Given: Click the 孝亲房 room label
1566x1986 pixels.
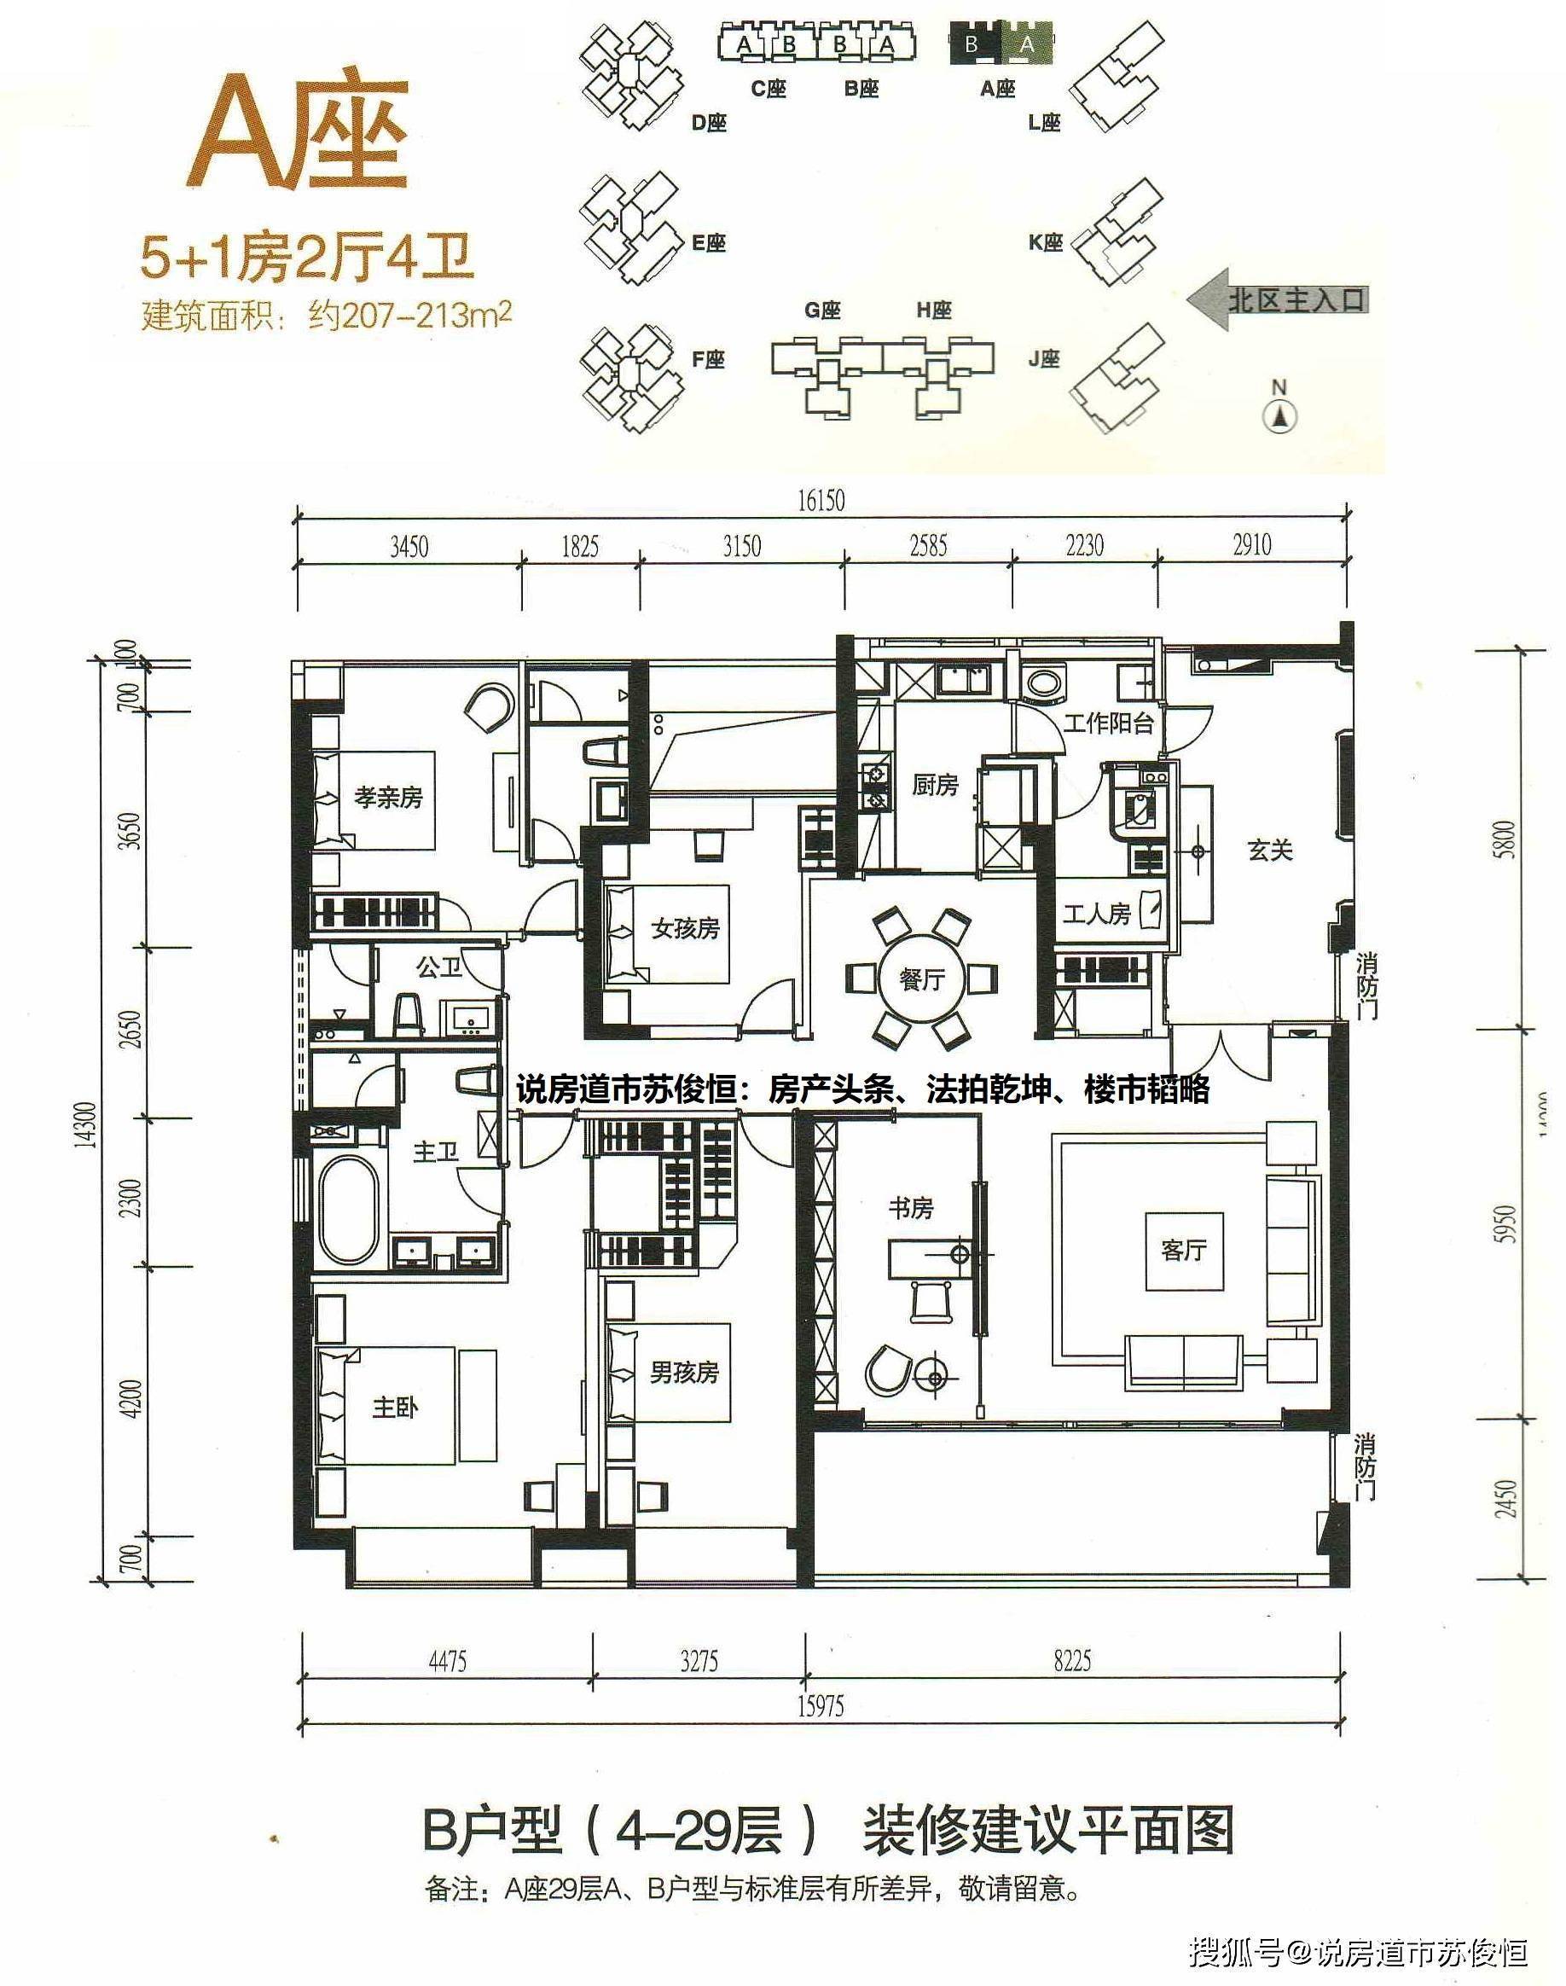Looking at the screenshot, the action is [x=389, y=798].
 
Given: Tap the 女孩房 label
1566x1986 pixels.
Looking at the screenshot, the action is [x=685, y=929].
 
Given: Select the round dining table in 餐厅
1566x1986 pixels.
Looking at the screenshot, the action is [x=921, y=978].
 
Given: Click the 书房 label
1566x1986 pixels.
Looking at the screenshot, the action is [x=910, y=1209].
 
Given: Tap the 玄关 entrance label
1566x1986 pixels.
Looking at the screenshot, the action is [x=1271, y=851].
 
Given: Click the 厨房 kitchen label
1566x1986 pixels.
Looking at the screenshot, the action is [x=935, y=785].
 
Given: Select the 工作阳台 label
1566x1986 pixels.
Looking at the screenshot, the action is [x=1108, y=723].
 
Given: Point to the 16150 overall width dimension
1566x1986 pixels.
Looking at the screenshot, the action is [x=821, y=501].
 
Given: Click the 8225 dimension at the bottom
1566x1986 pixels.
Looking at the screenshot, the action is [x=1072, y=1660].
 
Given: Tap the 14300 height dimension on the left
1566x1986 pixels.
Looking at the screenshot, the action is [x=87, y=1124].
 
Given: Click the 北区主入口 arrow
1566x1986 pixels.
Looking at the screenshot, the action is [x=1278, y=299].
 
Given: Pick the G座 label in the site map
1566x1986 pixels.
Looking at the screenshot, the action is [x=822, y=310].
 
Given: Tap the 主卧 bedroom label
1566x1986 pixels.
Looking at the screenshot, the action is [x=395, y=1408].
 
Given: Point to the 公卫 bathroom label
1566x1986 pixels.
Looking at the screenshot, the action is [x=439, y=967].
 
